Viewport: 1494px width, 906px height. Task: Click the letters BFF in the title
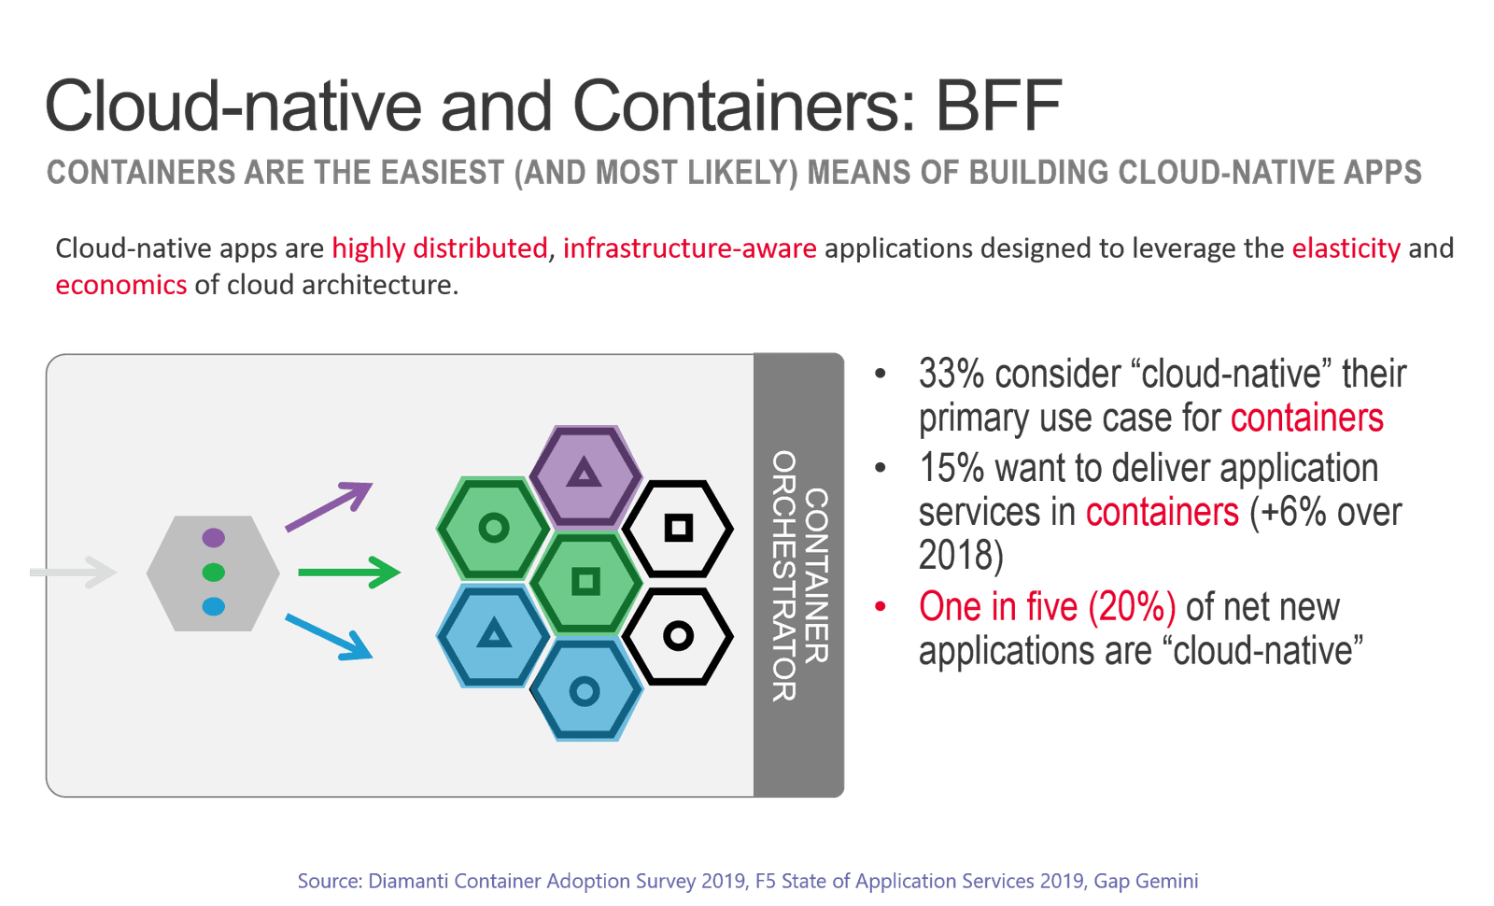coord(999,105)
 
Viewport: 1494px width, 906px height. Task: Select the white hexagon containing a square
coord(678,529)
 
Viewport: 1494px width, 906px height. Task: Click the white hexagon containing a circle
coord(678,637)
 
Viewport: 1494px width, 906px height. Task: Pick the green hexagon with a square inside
coord(585,582)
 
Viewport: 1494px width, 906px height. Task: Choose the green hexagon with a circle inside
coord(493,529)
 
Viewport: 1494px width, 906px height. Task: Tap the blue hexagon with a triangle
coord(493,636)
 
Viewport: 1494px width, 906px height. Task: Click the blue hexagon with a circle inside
coord(585,691)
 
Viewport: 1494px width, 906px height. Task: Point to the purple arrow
coord(329,506)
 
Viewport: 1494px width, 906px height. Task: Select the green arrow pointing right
coord(348,572)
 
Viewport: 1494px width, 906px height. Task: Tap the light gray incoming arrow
coord(74,572)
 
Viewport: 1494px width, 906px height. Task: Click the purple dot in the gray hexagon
coord(214,537)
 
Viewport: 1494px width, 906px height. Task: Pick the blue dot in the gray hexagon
coord(214,607)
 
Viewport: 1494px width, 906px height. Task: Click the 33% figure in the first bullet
coord(951,374)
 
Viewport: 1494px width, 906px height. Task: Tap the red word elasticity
coord(1346,248)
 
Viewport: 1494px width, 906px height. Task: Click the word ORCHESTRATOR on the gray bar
coord(784,575)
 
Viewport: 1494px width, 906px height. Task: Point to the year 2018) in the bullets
coord(960,556)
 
